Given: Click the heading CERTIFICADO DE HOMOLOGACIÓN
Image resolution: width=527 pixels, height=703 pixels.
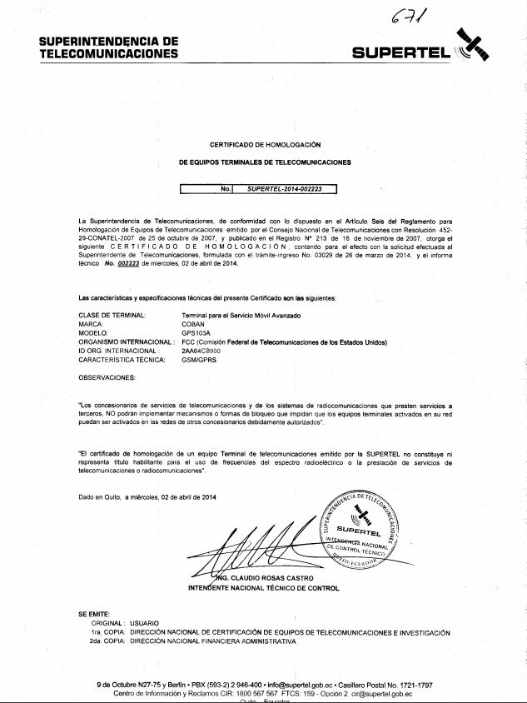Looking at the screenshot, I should coord(265,144).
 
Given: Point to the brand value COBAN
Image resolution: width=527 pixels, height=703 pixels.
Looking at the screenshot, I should coord(193,324).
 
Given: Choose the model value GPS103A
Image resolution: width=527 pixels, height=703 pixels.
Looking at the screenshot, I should coord(196,332).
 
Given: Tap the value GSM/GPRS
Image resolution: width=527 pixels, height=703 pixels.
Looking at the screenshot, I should coord(198,359).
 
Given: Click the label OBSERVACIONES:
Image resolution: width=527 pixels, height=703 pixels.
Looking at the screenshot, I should coord(107,377).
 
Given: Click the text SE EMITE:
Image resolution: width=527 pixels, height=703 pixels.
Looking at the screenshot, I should coord(94,614).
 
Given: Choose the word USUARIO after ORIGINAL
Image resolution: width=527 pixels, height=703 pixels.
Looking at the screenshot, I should coord(144,623).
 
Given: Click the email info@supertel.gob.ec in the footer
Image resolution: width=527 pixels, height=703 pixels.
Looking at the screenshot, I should coord(301,685).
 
